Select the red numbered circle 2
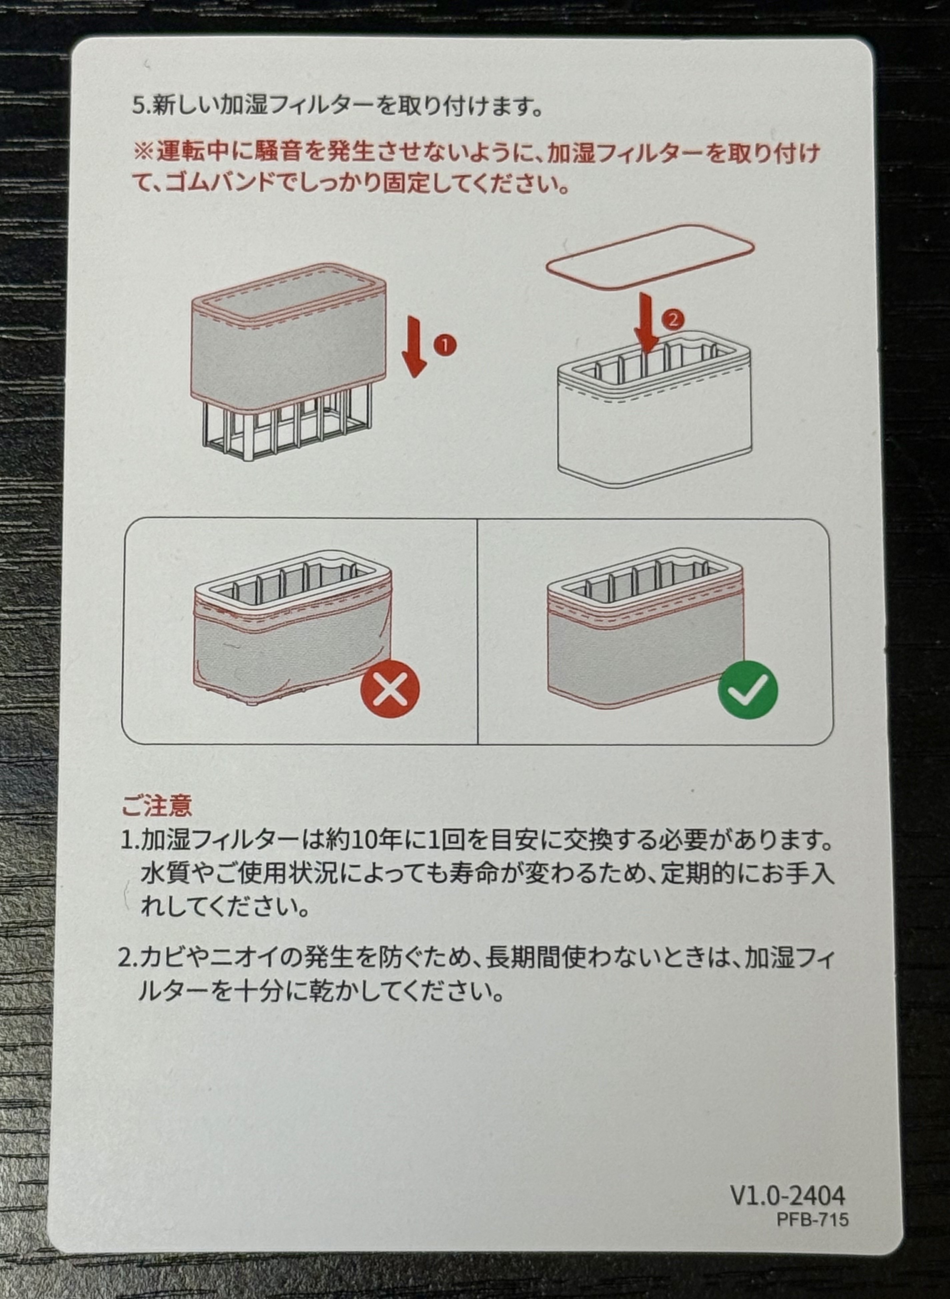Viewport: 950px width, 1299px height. pos(673,319)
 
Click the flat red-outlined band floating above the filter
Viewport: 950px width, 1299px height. pos(650,255)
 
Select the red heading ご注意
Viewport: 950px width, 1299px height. pos(156,807)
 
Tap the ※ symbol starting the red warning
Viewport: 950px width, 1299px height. pos(142,153)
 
